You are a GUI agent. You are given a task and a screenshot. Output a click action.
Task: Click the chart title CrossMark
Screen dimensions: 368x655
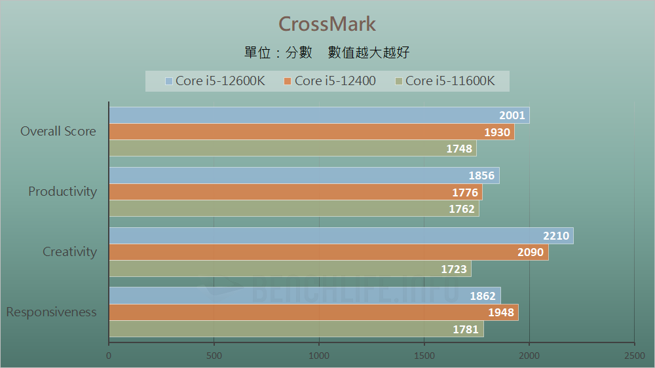327,24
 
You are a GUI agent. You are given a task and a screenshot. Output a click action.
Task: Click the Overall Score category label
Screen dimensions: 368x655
58,132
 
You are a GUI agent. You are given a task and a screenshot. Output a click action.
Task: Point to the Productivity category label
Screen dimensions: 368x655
62,192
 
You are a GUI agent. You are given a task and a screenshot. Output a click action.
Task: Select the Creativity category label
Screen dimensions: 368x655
69,252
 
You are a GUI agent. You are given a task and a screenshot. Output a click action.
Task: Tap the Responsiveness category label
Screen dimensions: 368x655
51,312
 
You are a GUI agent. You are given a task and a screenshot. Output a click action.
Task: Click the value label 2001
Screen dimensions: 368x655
512,116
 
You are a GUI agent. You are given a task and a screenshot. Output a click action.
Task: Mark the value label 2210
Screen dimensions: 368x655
556,236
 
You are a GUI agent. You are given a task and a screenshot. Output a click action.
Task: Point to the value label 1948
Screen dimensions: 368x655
501,313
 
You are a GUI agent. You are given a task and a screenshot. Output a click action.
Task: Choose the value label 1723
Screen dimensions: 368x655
454,269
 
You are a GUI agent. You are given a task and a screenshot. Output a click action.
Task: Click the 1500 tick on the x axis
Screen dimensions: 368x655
424,356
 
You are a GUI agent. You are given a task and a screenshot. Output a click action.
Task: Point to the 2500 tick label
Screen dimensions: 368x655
634,356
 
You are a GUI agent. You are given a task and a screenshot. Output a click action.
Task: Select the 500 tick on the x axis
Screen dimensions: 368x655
214,356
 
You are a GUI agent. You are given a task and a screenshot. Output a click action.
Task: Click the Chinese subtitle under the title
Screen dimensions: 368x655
327,53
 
